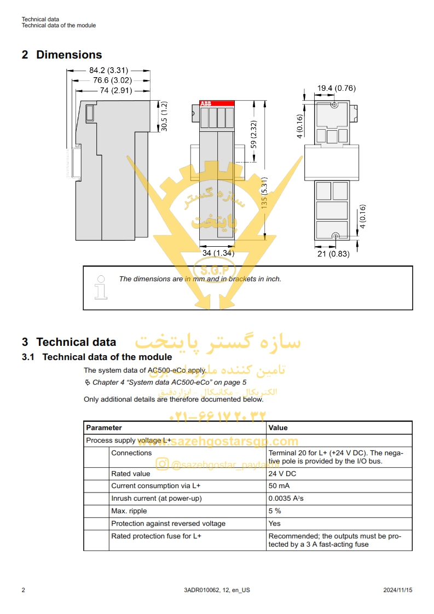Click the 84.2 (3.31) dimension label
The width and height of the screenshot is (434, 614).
[108, 71]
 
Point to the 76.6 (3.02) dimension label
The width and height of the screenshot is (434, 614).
[112, 80]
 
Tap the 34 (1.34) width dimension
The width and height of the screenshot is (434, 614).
[218, 253]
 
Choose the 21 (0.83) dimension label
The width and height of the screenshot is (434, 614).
[333, 253]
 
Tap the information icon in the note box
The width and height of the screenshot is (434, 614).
[101, 287]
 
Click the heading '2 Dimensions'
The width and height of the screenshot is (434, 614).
[62, 55]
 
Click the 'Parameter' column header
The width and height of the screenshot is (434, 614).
[104, 428]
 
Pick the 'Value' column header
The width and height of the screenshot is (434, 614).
[278, 428]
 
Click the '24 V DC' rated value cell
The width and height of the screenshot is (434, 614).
[282, 474]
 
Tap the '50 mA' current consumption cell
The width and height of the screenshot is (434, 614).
[279, 486]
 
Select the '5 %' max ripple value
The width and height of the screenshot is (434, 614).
[275, 511]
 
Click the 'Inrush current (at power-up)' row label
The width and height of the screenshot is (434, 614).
[157, 499]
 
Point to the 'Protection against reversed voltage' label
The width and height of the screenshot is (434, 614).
[168, 524]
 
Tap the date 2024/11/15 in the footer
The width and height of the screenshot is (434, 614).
[397, 590]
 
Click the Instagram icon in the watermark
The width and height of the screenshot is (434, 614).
[162, 465]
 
